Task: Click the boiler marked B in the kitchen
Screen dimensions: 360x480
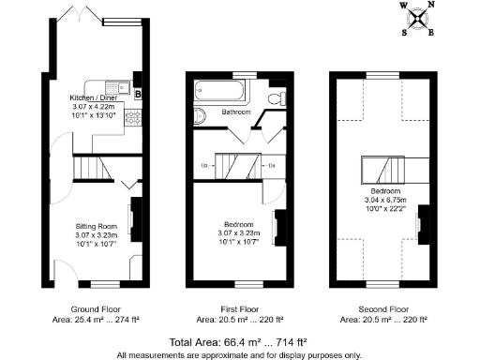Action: pyautogui.click(x=138, y=94)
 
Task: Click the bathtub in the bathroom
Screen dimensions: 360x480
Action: pyautogui.click(x=217, y=93)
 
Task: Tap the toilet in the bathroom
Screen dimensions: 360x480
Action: pyautogui.click(x=274, y=97)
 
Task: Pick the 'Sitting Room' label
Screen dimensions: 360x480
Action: pyautogui.click(x=96, y=226)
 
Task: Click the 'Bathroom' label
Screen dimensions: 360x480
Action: pyautogui.click(x=236, y=112)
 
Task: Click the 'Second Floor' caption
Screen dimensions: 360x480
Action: pyautogui.click(x=384, y=309)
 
